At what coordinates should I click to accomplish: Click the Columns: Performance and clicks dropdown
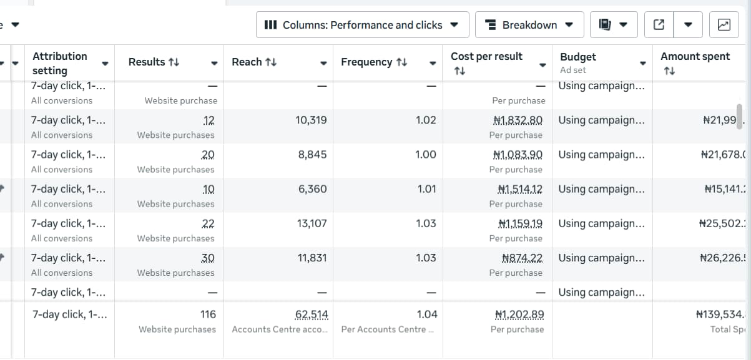click(361, 25)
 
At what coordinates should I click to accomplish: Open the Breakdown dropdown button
click(529, 25)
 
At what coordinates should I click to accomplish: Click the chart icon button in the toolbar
click(724, 25)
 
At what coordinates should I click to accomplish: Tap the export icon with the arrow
click(659, 25)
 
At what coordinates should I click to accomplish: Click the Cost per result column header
click(486, 57)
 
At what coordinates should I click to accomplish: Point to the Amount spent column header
click(695, 57)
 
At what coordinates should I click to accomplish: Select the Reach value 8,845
click(313, 155)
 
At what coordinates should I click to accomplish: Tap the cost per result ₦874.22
click(522, 258)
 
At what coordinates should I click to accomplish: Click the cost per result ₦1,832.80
click(518, 120)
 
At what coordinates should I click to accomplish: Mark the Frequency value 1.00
click(426, 155)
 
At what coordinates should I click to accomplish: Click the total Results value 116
click(208, 314)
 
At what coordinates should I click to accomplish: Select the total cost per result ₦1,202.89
click(518, 314)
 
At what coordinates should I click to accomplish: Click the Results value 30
click(208, 258)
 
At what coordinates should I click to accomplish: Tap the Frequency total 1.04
click(427, 314)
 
